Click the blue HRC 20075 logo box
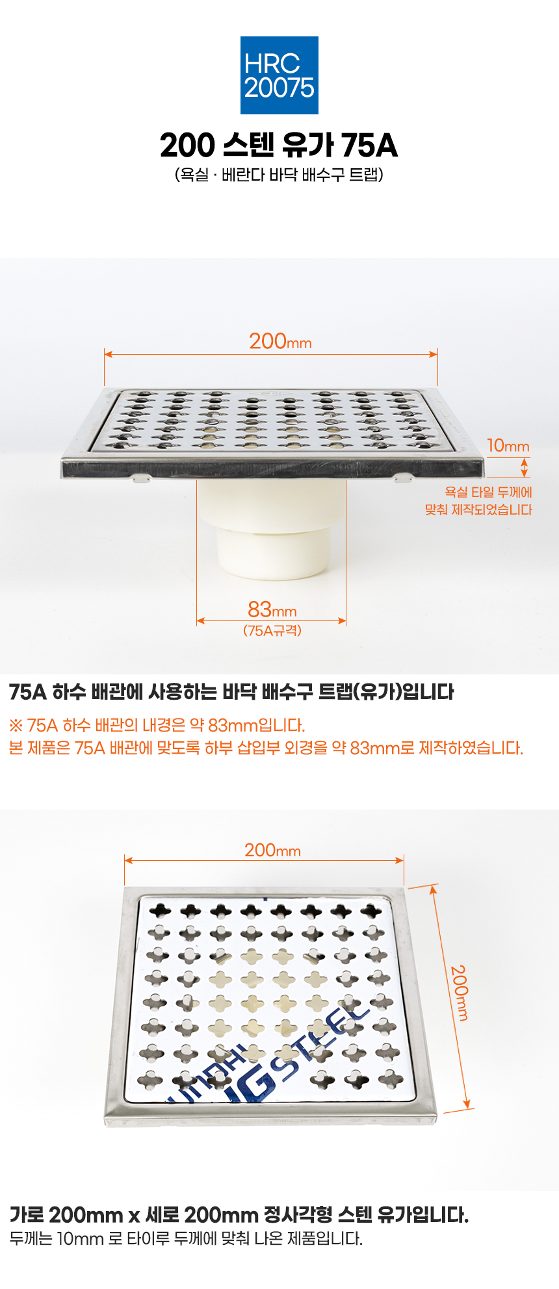coord(279,75)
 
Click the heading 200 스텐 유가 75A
coord(279,146)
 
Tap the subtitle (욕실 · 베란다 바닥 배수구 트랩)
coord(279,175)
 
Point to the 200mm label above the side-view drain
coord(280,341)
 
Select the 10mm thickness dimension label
coord(508,446)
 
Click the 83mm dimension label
coord(272,609)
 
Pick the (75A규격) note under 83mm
coord(272,631)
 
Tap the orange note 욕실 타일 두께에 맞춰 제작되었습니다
coord(479,501)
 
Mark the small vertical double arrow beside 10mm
coord(525,468)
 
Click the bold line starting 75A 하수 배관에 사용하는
coord(232,692)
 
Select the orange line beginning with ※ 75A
coord(157,725)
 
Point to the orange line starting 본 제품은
coord(266,748)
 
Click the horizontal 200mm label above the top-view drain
coord(272,850)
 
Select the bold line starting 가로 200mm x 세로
coord(239,1214)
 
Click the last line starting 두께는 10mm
coord(186,1238)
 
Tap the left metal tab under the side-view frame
coord(141,478)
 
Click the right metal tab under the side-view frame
coord(403,478)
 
